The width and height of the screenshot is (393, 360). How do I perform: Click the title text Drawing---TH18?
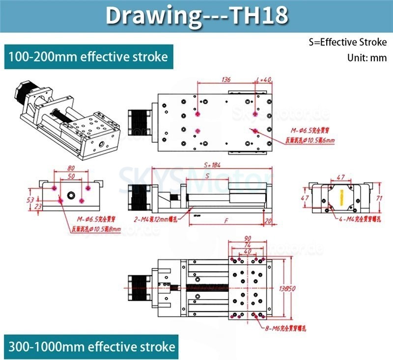tap(196, 16)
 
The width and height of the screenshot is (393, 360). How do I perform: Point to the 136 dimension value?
tap(226, 79)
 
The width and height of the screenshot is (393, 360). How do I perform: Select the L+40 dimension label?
tap(264, 79)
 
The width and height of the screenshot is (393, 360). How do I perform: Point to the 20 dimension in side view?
tap(268, 222)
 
